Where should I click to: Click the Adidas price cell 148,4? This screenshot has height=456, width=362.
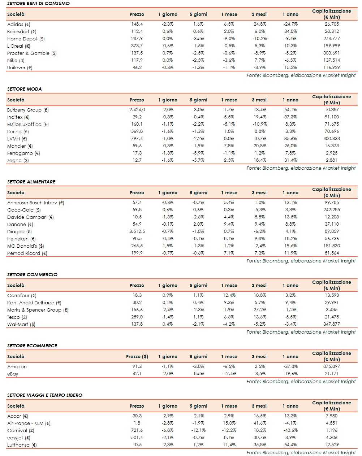click(x=137, y=24)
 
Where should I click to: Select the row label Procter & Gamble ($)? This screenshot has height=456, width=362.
click(x=32, y=53)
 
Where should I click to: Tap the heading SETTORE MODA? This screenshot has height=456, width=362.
click(x=24, y=89)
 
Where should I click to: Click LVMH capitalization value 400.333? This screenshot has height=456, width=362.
click(x=331, y=139)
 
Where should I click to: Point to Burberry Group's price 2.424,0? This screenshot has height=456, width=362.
click(x=137, y=110)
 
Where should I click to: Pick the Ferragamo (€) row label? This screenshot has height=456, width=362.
click(x=23, y=153)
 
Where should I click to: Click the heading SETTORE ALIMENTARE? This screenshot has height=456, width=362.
click(x=31, y=182)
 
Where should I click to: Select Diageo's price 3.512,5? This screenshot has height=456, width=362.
click(x=137, y=231)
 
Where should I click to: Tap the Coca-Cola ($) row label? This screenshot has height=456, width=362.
click(x=24, y=210)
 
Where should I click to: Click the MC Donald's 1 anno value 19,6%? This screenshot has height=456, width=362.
click(x=290, y=246)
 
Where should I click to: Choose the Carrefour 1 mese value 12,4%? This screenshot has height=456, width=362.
click(x=229, y=295)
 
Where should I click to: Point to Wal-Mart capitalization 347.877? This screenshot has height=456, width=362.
click(x=331, y=324)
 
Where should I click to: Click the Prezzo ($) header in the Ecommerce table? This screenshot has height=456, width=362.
click(x=137, y=356)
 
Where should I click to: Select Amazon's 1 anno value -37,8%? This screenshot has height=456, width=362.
click(x=290, y=366)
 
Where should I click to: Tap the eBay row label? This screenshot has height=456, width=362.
click(x=13, y=374)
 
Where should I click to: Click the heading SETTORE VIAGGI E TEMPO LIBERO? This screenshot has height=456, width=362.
click(x=44, y=395)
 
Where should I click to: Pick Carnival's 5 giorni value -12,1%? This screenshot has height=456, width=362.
click(x=198, y=430)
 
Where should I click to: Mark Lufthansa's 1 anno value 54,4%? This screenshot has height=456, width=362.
click(x=290, y=445)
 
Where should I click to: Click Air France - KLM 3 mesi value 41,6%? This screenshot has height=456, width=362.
click(x=260, y=423)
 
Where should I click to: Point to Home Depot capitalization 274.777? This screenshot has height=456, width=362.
click(x=331, y=39)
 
